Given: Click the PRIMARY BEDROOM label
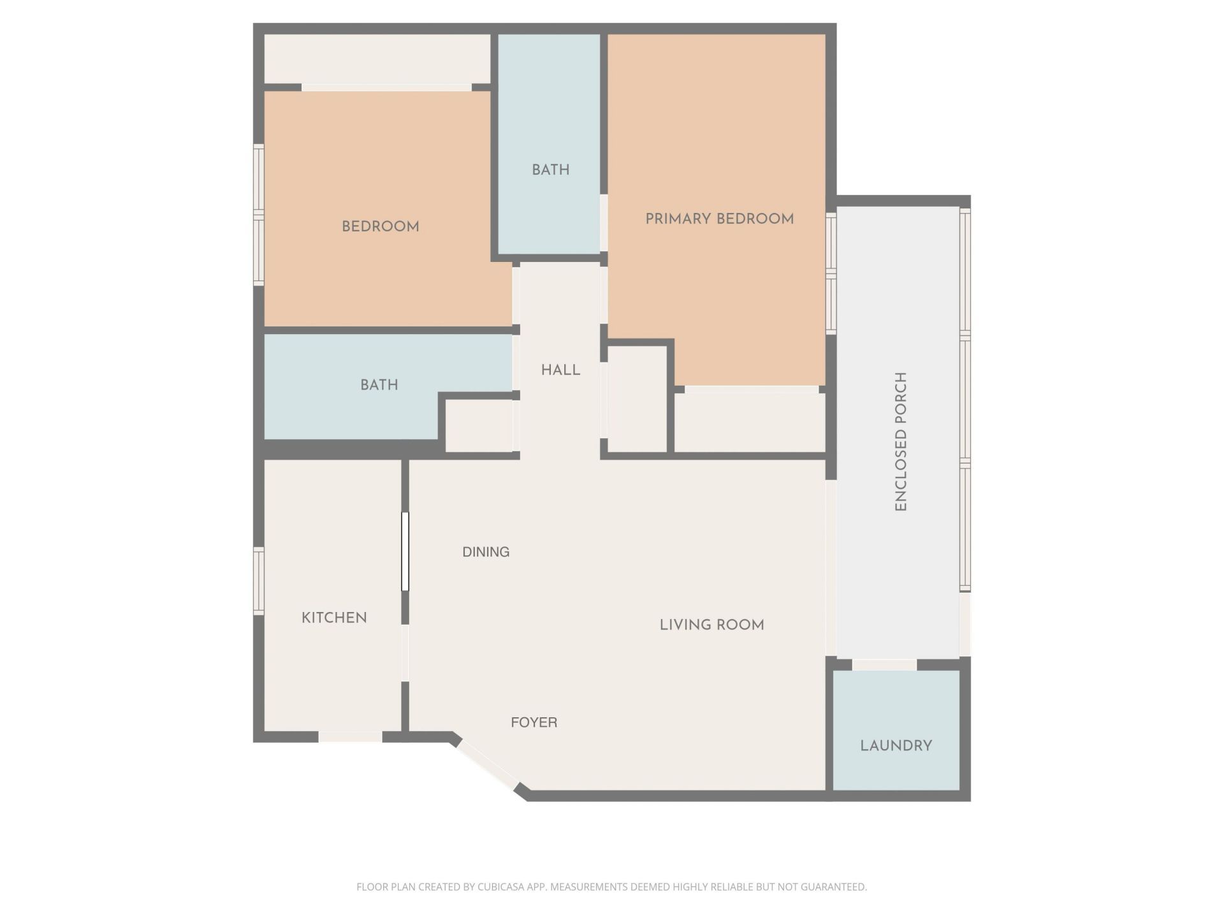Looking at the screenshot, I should point(719,219).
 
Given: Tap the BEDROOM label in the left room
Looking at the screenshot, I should point(380,226).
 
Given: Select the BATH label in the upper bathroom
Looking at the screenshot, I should point(550,170).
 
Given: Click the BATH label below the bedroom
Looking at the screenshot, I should point(379,384).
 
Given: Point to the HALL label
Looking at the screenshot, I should point(560,370).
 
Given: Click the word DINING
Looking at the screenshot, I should point(486,552).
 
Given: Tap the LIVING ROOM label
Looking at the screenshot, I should point(711,625).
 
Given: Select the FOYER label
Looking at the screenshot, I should point(534,722).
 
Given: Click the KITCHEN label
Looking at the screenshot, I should point(334,617).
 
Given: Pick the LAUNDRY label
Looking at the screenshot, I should point(896,745).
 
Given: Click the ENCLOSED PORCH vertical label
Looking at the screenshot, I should point(900,441).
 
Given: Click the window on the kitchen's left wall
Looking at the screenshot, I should point(259,581).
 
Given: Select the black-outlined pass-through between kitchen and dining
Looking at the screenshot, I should point(405,551).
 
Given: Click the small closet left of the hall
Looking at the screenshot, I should point(479,426).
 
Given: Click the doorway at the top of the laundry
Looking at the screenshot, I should point(884,665).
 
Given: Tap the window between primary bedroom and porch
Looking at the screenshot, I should point(831,273).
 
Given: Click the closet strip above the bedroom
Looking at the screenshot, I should point(377,59).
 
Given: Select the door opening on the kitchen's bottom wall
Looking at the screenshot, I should point(350,737).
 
